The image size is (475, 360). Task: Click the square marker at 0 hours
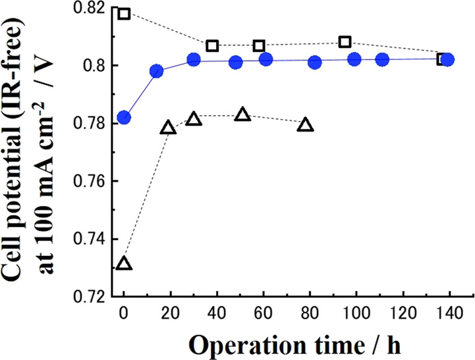click(124, 13)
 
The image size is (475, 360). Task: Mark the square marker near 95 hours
click(345, 42)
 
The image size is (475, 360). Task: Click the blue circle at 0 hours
click(124, 118)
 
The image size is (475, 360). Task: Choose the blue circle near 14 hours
click(156, 71)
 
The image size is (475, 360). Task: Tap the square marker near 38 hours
click(212, 45)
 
